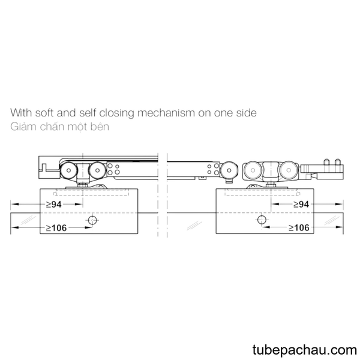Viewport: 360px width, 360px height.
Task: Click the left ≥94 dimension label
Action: tap(54, 204)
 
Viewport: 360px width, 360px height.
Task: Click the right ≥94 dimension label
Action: tap(301, 204)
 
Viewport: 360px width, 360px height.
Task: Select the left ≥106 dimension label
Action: tap(56, 228)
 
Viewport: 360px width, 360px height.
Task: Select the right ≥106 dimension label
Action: tap(299, 227)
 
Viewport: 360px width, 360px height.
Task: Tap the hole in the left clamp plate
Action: tap(92, 220)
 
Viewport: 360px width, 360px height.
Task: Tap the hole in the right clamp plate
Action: tap(261, 220)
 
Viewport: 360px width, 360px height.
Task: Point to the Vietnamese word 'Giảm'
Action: tap(23, 127)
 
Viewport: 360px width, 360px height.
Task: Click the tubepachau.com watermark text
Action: tap(305, 349)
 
